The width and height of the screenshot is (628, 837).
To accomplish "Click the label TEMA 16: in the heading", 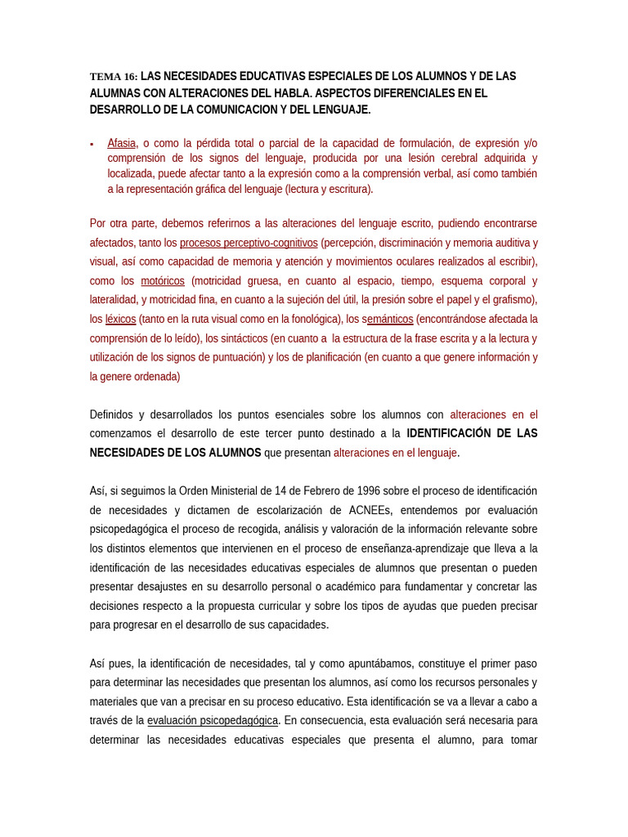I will pos(113,77).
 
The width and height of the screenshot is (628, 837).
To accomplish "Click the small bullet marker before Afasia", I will pos(92,144).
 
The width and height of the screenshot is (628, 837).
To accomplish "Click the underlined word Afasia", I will pos(122,143).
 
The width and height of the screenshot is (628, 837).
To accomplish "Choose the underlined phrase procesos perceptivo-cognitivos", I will pos(249,243).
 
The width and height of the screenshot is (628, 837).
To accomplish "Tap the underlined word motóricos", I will pos(163,281).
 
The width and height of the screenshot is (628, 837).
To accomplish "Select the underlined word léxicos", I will pos(121,319).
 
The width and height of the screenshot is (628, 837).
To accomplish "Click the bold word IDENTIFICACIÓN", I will pos(452,433).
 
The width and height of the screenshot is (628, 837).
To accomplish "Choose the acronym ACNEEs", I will pos(370,510).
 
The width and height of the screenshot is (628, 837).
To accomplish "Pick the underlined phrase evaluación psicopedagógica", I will pos(213,720).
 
